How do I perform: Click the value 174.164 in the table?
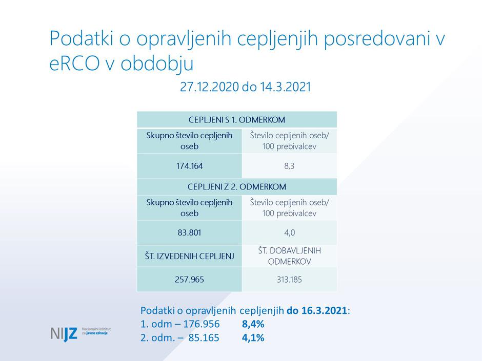(189, 166)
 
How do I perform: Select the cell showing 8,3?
(289, 166)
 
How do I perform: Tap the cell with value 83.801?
(189, 232)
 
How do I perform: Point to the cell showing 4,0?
(289, 232)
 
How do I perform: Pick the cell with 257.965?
(189, 280)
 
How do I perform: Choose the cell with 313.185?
(289, 280)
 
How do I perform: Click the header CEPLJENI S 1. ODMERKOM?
(236, 120)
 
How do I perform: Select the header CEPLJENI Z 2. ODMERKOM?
(236, 186)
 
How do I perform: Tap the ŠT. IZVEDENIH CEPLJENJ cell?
(189, 256)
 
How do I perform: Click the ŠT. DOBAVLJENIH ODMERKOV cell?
(289, 256)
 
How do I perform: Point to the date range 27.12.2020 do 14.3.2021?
(245, 87)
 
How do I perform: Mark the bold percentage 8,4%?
(253, 324)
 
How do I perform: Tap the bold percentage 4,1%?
(253, 337)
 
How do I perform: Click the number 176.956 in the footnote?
(199, 324)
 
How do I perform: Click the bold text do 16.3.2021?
(317, 310)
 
